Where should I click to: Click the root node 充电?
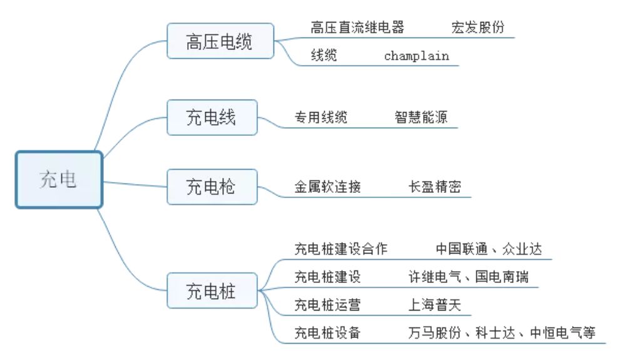(59, 180)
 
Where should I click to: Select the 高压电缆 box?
(220, 41)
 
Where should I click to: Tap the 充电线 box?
(212, 117)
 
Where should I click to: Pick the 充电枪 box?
(212, 187)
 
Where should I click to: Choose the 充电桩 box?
(212, 291)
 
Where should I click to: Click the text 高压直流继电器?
(357, 28)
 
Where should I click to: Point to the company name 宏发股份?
(478, 28)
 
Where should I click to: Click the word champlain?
(416, 56)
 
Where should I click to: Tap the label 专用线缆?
(320, 117)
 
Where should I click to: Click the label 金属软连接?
(327, 187)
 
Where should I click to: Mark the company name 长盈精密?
(434, 187)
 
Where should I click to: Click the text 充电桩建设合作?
(341, 249)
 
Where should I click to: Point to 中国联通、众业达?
(489, 249)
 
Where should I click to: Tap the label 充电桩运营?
(327, 305)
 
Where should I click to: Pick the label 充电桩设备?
(327, 332)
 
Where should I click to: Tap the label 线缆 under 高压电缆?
(324, 56)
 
